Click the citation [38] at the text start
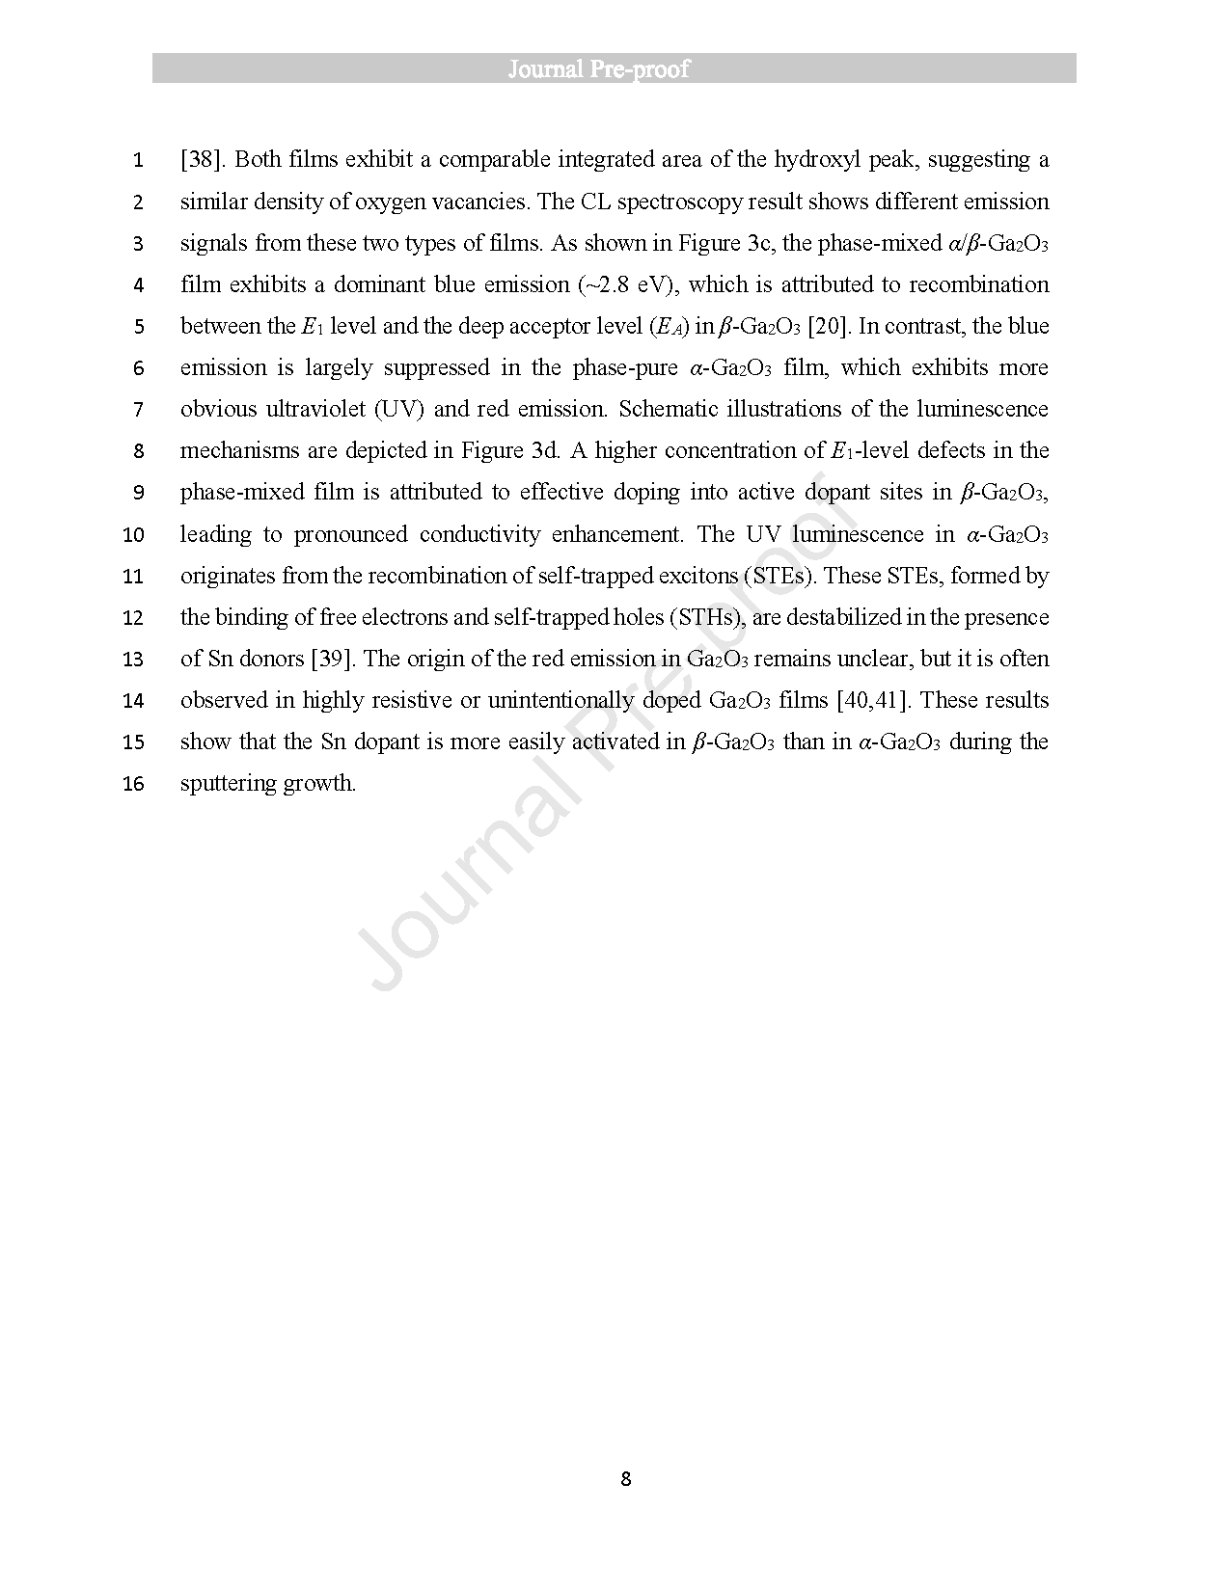coord(201,159)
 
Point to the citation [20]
coord(829,326)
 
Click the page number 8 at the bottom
coord(625,1479)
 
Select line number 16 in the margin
coord(133,784)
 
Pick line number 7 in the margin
coord(138,410)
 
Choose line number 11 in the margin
coord(133,577)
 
